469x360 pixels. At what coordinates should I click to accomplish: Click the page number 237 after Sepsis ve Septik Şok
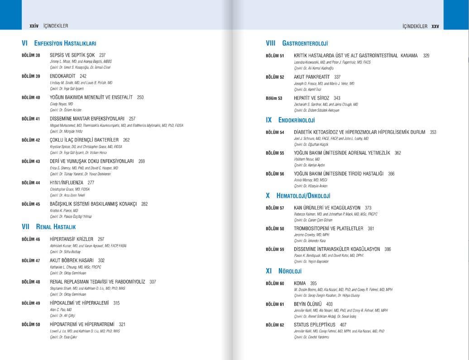tap(102, 55)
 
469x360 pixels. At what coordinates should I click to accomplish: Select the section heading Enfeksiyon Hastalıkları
tap(65, 43)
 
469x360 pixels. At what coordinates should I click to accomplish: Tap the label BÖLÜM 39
tap(31, 76)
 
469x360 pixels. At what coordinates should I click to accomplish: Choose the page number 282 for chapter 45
tap(144, 204)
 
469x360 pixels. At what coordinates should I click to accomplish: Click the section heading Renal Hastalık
tap(56, 227)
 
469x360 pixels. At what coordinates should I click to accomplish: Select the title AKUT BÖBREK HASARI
tap(72, 260)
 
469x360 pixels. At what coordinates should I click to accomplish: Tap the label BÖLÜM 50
tap(31, 325)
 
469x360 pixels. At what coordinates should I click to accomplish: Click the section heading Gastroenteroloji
tap(305, 43)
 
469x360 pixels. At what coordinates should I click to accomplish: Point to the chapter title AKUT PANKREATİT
tap(311, 77)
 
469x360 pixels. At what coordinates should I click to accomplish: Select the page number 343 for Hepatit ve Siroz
tap(337, 98)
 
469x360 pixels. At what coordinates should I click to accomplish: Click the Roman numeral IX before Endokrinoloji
tap(269, 120)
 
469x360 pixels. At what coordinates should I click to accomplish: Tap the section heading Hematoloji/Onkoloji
tap(303, 196)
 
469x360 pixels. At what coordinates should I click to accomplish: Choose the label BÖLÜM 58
tap(275, 229)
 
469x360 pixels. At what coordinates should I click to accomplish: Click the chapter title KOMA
tap(300, 283)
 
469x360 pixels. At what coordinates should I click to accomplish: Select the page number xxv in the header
tap(435, 26)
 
